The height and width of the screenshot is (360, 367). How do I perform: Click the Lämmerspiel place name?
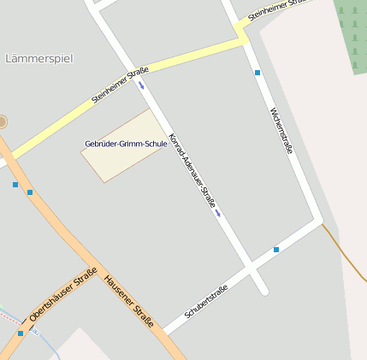point(39,58)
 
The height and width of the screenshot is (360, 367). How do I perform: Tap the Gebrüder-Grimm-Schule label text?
point(126,144)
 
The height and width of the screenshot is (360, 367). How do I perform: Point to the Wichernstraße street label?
point(281,131)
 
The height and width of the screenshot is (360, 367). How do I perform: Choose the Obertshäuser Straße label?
point(62,295)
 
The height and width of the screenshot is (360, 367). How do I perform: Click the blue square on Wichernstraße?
point(257,73)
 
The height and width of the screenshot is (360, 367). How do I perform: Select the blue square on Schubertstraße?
point(276,250)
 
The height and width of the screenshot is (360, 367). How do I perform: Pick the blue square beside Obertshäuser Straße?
point(21,333)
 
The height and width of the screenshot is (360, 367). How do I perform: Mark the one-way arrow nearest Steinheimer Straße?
point(141,85)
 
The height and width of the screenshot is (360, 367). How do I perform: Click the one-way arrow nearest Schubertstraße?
point(219,214)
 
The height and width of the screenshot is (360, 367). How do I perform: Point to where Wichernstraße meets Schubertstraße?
point(320,223)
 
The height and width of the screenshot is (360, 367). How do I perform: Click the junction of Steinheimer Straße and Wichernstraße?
point(241,34)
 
